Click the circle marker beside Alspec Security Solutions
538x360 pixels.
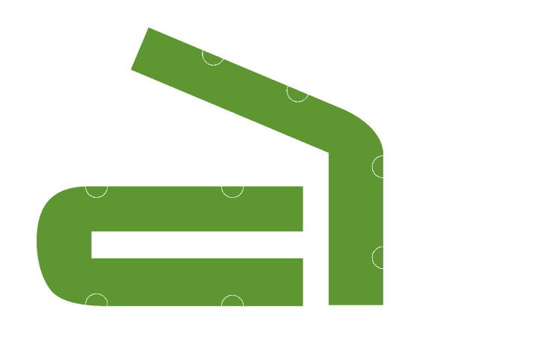(x=297, y=90)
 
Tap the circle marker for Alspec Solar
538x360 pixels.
(x=232, y=186)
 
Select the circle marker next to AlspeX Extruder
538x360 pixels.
(x=383, y=258)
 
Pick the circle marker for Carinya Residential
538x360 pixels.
(x=383, y=167)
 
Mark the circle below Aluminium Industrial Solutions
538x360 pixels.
(x=96, y=185)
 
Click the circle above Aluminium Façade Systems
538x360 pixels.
(x=96, y=305)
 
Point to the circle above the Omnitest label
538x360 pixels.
(x=232, y=306)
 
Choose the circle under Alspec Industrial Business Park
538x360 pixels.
(x=213, y=55)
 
